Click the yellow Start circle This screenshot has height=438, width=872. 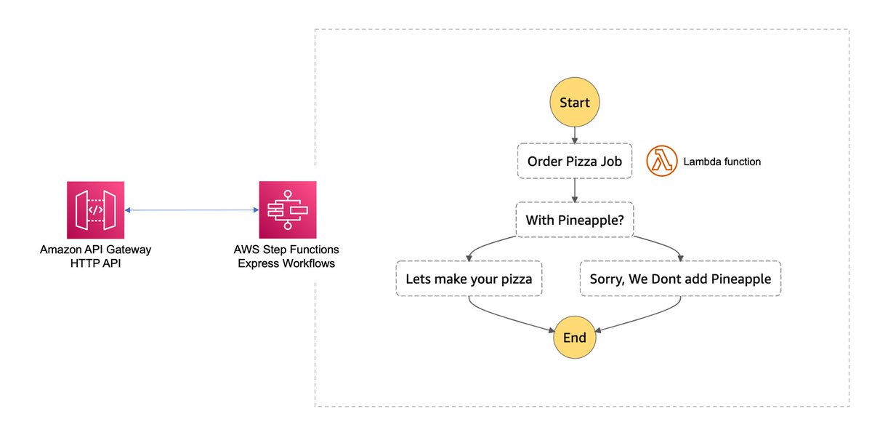(575, 102)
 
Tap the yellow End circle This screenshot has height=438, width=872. (575, 337)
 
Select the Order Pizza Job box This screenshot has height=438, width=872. (575, 161)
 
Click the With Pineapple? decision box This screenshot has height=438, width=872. (575, 220)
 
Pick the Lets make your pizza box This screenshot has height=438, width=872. (469, 279)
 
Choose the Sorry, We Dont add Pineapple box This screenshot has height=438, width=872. (680, 279)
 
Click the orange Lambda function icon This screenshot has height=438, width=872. (662, 161)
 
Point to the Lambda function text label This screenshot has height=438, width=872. (722, 162)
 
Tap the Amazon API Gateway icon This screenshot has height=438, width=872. (95, 210)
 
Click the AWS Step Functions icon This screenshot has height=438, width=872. (288, 210)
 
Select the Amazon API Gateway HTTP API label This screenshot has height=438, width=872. (95, 256)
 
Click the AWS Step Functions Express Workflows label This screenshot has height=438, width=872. (286, 256)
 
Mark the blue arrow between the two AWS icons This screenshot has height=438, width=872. (192, 210)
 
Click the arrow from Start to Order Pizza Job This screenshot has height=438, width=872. (575, 135)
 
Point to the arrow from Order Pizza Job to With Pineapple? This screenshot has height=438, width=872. (575, 191)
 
